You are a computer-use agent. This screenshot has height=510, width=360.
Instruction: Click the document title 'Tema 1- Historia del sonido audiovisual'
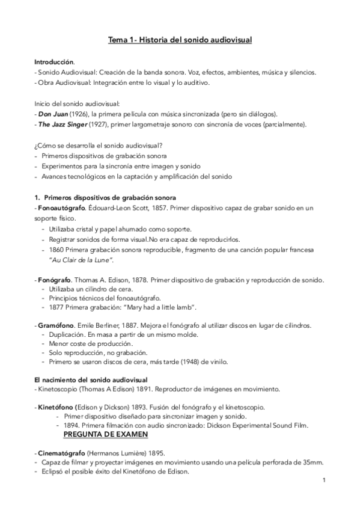coord(180,40)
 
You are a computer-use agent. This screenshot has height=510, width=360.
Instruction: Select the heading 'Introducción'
coord(54,62)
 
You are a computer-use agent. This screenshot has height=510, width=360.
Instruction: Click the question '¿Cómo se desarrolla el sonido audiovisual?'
coord(98,145)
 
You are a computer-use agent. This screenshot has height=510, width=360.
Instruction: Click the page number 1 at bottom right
coord(324,480)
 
